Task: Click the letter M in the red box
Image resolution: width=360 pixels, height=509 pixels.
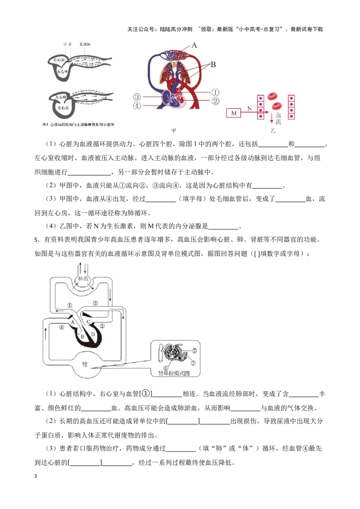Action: tap(234, 113)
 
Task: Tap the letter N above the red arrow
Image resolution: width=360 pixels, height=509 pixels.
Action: tap(249, 108)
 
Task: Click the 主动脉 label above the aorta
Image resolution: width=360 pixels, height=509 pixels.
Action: tap(85, 44)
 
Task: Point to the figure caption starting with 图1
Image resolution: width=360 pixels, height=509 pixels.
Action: tap(77, 124)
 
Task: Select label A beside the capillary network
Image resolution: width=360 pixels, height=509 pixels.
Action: tap(194, 45)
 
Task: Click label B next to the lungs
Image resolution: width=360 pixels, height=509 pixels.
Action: tap(213, 65)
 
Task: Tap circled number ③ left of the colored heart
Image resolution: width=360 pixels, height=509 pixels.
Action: tap(137, 97)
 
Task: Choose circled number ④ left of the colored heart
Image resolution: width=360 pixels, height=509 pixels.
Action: tap(137, 106)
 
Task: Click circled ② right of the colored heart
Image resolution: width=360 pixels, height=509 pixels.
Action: tap(215, 101)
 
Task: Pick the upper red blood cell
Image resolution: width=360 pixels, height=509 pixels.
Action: tap(273, 96)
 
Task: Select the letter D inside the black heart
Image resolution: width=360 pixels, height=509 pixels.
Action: tap(93, 334)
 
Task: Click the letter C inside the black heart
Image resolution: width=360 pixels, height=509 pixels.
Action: tap(88, 321)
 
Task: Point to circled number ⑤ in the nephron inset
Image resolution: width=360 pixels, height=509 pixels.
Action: tap(194, 350)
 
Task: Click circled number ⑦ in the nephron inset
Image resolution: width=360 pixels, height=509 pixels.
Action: tap(193, 362)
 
